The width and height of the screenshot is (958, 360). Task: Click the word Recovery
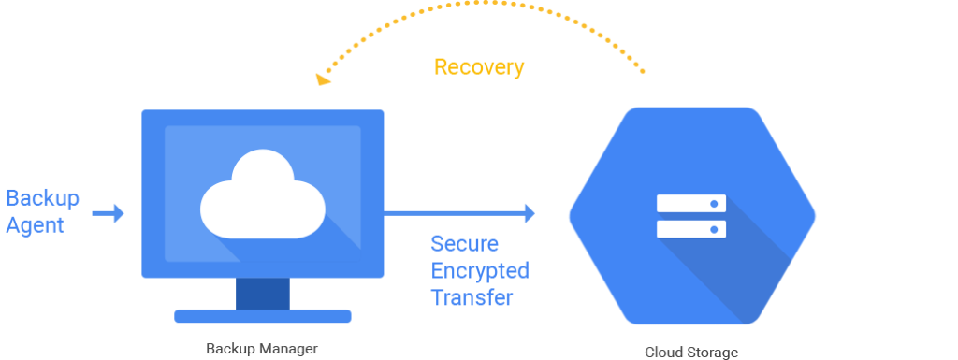[x=479, y=67]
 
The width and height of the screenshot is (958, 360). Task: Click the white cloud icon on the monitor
[x=262, y=197]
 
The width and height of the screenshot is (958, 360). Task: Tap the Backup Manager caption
[x=262, y=349]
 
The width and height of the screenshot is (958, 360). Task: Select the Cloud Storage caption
[x=691, y=353]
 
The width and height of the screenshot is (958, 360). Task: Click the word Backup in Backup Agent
[x=43, y=198]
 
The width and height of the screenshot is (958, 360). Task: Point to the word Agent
[x=35, y=225]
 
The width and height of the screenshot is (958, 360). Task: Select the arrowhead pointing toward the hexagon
[x=530, y=214]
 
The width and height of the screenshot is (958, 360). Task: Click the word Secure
[x=464, y=244]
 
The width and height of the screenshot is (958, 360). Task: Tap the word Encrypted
[x=479, y=271]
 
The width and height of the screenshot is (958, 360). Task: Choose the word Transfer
[x=472, y=298]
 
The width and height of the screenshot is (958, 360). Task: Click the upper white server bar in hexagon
[x=691, y=203]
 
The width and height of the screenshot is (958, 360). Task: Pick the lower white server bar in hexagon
[x=691, y=228]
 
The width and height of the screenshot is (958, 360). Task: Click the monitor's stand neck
[x=262, y=294]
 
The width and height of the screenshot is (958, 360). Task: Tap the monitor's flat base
[x=262, y=316]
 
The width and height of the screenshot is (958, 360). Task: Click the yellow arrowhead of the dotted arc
[x=322, y=79]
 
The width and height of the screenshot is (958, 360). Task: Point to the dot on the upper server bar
[x=714, y=203]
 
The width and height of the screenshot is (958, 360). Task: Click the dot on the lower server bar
[x=714, y=228]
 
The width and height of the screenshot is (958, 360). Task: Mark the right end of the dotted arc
[x=644, y=71]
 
